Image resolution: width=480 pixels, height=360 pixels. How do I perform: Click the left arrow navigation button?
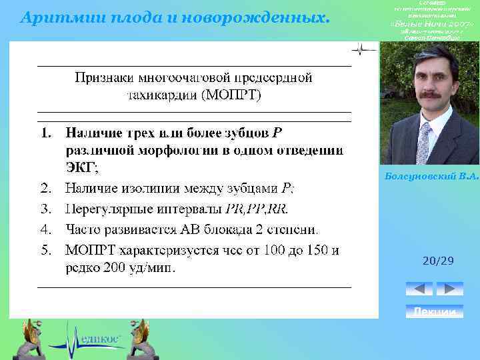419,289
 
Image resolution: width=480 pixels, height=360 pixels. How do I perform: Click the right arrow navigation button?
449,289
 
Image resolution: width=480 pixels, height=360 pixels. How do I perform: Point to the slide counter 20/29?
438,261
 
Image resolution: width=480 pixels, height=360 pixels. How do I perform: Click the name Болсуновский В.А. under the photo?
432,176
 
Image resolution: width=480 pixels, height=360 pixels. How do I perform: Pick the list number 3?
45,208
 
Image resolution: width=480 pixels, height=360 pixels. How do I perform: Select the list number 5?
45,251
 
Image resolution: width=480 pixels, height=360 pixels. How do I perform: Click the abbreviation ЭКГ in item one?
81,167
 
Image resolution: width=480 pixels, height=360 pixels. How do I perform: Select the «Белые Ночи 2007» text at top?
427,24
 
